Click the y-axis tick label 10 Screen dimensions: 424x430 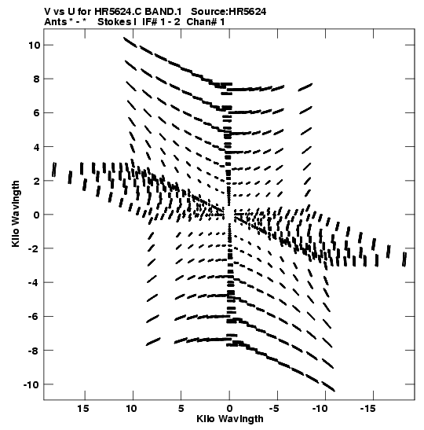[x=35, y=46]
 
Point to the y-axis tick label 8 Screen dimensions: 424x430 [x=37, y=79]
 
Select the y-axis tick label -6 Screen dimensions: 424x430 [x=35, y=317]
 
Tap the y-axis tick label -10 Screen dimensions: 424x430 [x=31, y=384]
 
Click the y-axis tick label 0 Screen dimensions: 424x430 [x=37, y=215]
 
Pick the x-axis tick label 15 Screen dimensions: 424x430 [x=83, y=408]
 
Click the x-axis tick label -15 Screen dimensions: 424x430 [x=367, y=408]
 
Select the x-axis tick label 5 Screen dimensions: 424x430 [x=181, y=408]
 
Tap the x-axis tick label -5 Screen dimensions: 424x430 [x=274, y=408]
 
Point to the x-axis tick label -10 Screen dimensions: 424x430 [x=320, y=408]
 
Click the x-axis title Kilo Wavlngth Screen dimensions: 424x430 [x=230, y=419]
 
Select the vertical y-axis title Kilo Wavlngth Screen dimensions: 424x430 [x=16, y=214]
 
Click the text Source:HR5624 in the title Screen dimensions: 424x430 [x=228, y=12]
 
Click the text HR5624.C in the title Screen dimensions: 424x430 [x=118, y=12]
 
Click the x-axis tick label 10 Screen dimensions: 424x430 [x=131, y=408]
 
